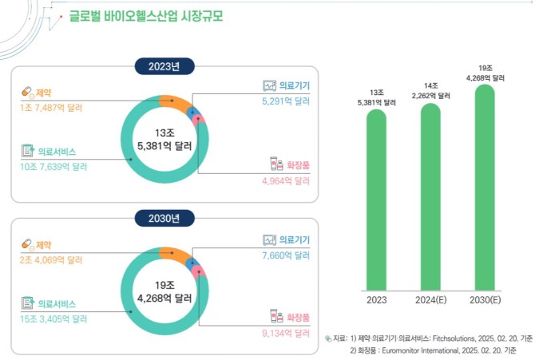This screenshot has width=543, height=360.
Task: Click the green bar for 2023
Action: tap(377, 200)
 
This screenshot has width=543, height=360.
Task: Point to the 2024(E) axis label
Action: tap(431, 301)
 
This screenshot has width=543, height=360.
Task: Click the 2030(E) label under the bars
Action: tap(485, 301)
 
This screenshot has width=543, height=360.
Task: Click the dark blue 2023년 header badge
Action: tap(164, 66)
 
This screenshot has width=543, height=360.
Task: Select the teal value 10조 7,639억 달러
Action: tap(54, 167)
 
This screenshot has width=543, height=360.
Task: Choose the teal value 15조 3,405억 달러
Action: tap(54, 318)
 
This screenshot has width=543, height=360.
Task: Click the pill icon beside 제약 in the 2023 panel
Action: tap(27, 92)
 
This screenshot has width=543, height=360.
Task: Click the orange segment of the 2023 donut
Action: tap(174, 102)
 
